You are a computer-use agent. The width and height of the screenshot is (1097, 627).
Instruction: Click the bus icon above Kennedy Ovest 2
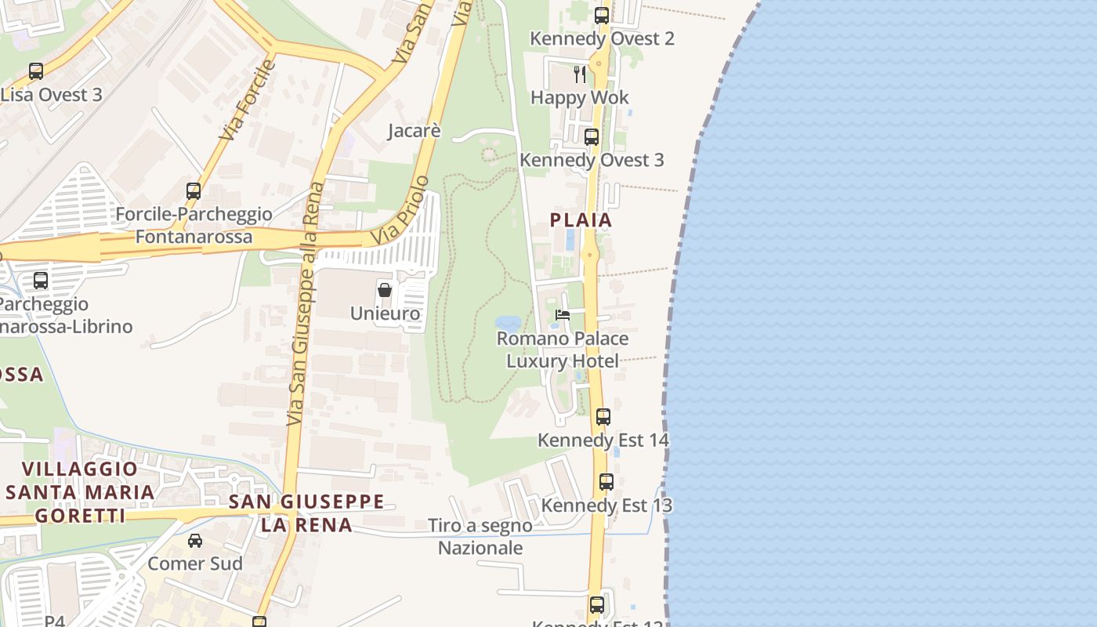tap(601, 15)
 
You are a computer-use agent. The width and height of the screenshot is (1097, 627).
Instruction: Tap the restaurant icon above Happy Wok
tap(580, 74)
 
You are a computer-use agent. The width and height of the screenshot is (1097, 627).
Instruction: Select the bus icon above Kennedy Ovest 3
tap(592, 137)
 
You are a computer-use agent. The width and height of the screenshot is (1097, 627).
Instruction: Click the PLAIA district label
tap(581, 220)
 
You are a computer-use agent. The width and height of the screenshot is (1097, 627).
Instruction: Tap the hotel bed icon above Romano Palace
tap(563, 315)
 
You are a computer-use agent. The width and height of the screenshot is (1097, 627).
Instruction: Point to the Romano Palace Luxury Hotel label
tap(563, 350)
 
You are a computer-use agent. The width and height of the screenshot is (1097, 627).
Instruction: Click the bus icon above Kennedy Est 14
tap(603, 417)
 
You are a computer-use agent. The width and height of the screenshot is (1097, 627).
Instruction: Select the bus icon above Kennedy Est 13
tap(606, 482)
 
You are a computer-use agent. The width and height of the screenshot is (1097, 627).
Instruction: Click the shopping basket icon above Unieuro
tap(385, 290)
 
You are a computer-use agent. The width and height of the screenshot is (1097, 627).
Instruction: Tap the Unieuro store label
tap(385, 313)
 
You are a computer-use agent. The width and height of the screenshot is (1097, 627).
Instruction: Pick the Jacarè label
tap(415, 131)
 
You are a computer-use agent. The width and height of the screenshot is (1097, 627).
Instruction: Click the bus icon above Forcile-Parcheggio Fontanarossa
tap(193, 190)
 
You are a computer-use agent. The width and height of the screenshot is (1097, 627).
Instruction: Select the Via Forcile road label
tap(248, 100)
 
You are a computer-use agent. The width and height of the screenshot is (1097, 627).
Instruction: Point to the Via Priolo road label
tap(400, 210)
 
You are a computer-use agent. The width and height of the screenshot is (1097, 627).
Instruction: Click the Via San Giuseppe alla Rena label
tap(305, 304)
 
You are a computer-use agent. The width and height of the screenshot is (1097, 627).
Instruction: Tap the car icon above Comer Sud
tap(195, 541)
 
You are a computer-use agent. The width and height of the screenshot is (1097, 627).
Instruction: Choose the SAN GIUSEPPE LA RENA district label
tap(306, 513)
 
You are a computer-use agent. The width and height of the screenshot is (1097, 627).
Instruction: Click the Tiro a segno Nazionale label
tap(480, 537)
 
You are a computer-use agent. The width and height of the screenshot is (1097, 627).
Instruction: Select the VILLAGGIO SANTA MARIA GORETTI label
tap(80, 492)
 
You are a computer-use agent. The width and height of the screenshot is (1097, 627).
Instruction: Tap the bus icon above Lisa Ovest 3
tap(36, 71)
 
